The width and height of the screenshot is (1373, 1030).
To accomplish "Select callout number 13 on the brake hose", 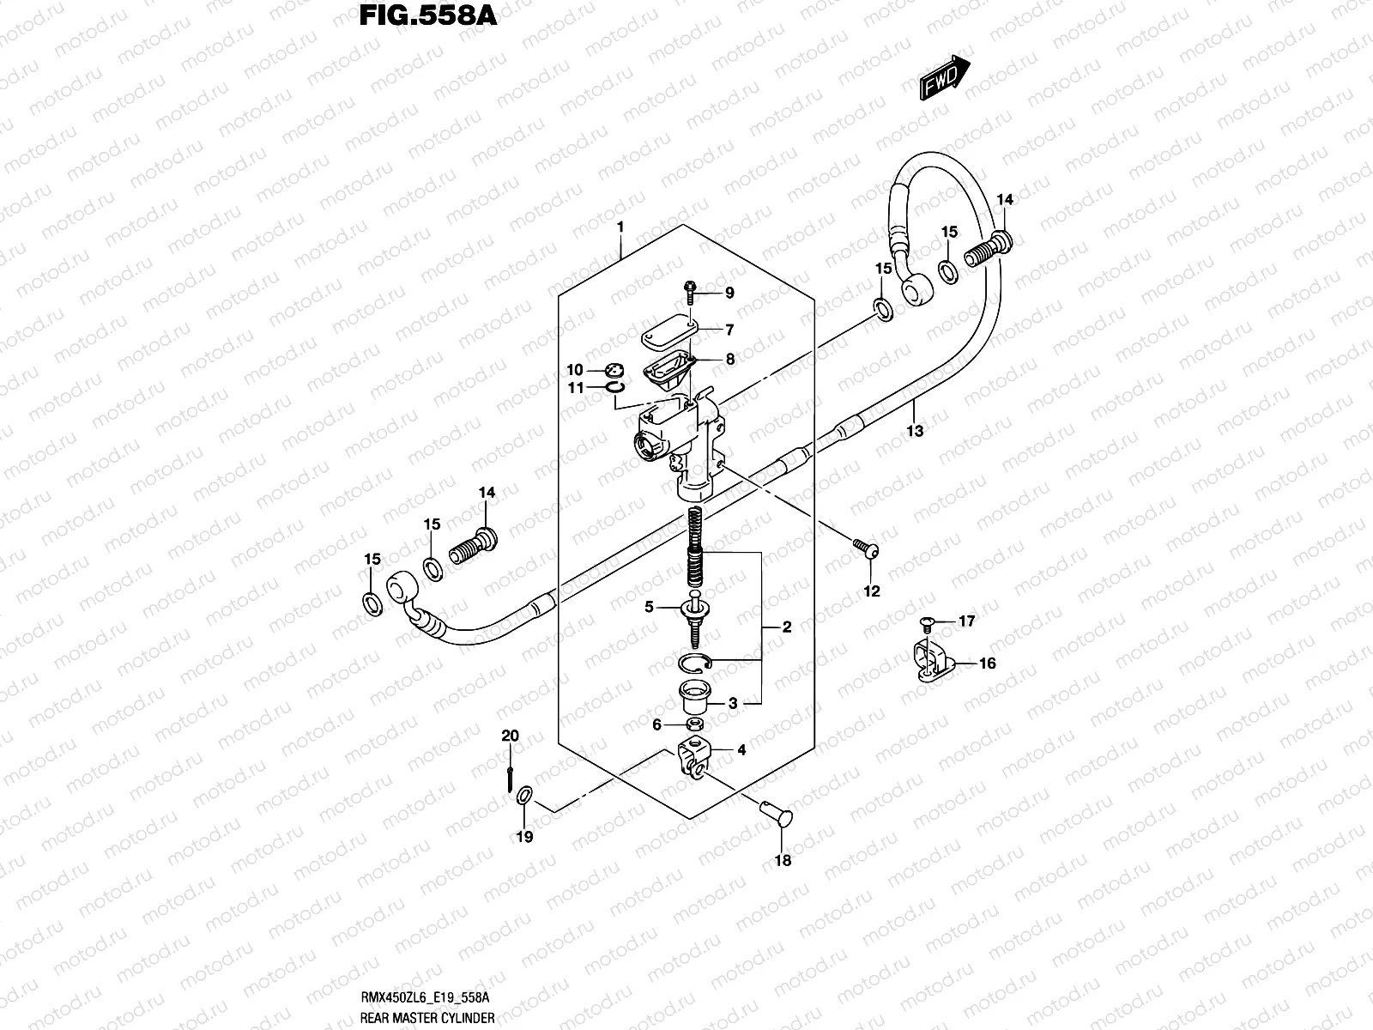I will coord(915,431).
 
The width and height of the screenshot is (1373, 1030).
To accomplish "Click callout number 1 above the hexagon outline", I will coord(620,227).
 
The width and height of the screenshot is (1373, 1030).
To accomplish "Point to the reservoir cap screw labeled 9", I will coord(689,292).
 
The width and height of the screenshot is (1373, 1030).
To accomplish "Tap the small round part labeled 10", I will coord(611,370).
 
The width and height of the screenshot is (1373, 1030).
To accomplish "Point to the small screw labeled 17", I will coord(926,621).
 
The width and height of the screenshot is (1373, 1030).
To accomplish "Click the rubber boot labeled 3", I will coord(693,696).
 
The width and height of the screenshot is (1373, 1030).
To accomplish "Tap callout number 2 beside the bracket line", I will coord(787,627).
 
